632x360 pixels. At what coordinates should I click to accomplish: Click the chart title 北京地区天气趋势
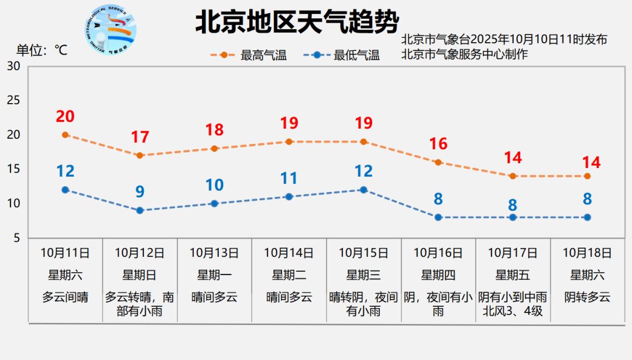[297, 23]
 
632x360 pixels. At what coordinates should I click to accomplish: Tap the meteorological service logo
[111, 29]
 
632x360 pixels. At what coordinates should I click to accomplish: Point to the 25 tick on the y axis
[13, 100]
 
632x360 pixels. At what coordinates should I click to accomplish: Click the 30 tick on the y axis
[13, 66]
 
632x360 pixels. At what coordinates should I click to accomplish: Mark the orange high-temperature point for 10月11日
[66, 135]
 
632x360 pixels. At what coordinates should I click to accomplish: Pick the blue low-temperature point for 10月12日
[140, 210]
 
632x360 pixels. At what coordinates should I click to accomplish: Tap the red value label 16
[438, 144]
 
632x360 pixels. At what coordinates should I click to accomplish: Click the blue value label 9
[140, 191]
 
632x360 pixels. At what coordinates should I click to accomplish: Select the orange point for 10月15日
[363, 142]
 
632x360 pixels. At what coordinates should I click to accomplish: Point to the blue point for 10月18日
[587, 217]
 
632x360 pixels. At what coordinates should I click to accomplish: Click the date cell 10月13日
[214, 253]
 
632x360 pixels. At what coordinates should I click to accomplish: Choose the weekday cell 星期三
[363, 275]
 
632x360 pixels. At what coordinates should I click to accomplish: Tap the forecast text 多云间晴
[65, 297]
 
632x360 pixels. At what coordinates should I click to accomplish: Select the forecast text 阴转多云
[587, 297]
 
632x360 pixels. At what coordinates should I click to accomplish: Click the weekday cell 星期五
[513, 275]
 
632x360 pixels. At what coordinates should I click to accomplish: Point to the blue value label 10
[214, 185]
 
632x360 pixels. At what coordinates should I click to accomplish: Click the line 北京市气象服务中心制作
[465, 54]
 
